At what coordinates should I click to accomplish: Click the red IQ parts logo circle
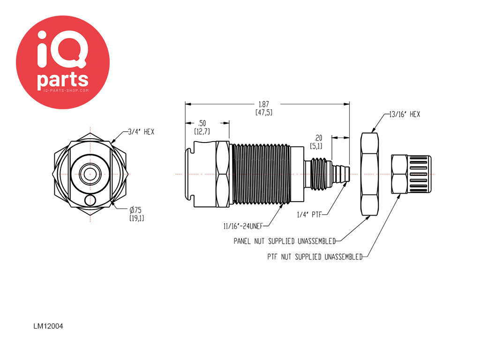[x=63, y=62]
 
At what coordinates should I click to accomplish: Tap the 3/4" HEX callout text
[x=141, y=132]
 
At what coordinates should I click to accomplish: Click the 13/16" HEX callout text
[x=405, y=114]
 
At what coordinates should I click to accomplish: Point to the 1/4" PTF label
[x=308, y=215]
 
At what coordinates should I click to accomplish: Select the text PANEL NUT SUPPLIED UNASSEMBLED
[x=285, y=241]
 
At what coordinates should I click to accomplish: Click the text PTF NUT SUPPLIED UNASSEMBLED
[x=315, y=257]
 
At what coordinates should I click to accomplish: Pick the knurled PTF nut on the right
[x=408, y=174]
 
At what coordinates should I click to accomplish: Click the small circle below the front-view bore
[x=89, y=200]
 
